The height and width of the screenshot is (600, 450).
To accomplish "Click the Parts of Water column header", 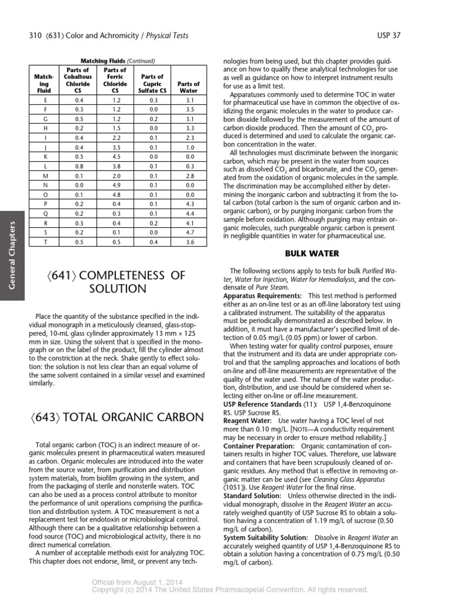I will tap(188, 87).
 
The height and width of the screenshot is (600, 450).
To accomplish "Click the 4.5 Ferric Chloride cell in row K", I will tap(115, 158).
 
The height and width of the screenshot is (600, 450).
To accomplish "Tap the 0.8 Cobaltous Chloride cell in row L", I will tap(79, 166).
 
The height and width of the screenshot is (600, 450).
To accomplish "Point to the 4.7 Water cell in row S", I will tap(188, 233).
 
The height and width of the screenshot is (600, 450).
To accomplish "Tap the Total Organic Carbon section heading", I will tap(120, 417).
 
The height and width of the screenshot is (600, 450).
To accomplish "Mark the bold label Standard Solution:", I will tap(252, 496).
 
